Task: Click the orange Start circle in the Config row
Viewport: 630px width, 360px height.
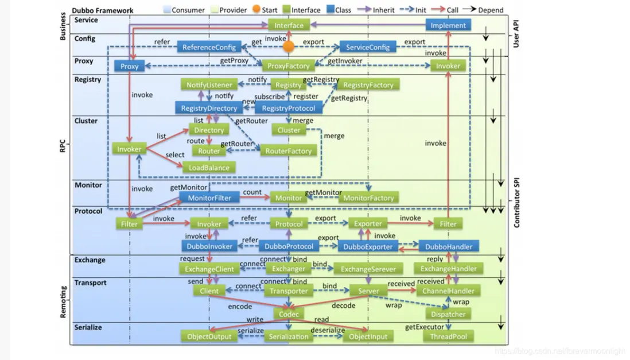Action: coord(289,46)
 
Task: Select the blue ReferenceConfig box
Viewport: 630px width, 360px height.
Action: coord(209,47)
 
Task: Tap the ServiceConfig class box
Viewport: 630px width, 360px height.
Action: coord(368,47)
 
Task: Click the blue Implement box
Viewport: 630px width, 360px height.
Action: coord(448,25)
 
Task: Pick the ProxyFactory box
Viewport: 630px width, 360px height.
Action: coord(289,66)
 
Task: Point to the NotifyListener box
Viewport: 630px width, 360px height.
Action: coord(209,85)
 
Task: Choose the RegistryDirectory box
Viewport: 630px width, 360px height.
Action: coord(209,108)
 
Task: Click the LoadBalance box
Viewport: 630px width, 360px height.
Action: coord(209,168)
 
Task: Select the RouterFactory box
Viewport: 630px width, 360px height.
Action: coord(289,151)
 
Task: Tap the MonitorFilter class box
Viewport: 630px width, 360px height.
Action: coord(209,198)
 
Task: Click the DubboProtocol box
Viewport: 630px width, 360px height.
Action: coord(289,246)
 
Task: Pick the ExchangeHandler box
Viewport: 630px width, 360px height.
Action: coord(448,269)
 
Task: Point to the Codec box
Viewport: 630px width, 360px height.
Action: coord(289,314)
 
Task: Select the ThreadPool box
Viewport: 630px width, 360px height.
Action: coord(448,336)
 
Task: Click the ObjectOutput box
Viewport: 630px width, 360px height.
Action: coord(209,336)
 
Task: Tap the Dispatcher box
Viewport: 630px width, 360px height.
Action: coord(448,314)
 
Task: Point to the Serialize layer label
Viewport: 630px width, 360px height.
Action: coord(88,327)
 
